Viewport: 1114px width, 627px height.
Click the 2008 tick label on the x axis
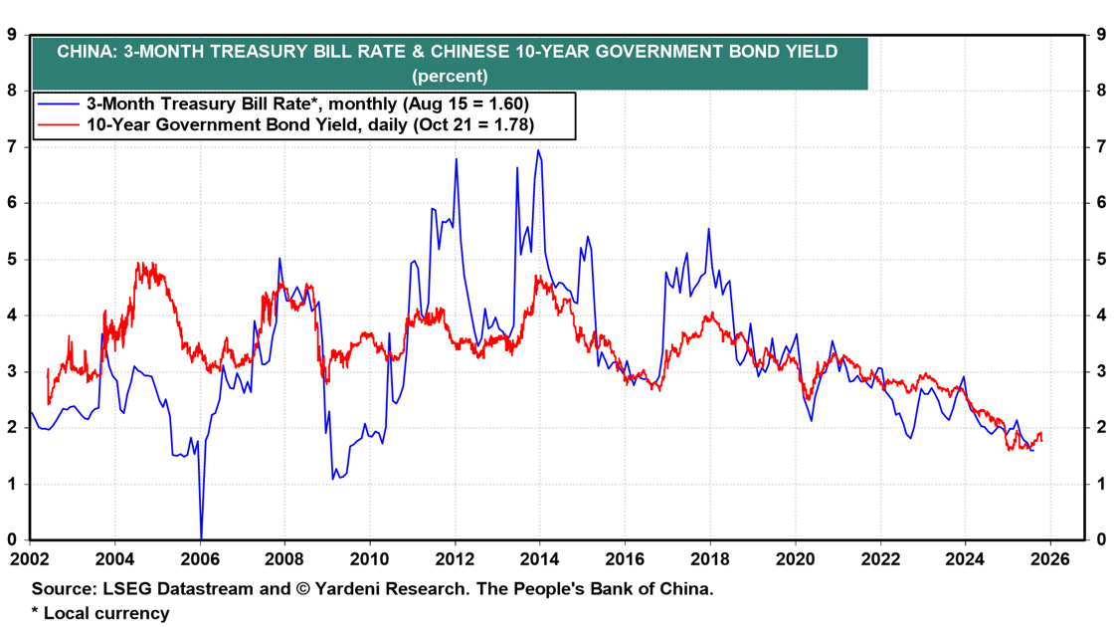(x=284, y=559)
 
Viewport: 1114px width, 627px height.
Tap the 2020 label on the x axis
(x=795, y=559)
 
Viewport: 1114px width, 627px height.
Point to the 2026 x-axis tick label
(x=1049, y=559)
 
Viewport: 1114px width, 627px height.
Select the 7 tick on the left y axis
(x=12, y=146)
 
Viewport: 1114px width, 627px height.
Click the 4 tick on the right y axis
(x=1101, y=315)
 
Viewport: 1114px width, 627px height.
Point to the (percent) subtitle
(x=450, y=76)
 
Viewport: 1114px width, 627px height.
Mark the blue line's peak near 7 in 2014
(x=538, y=151)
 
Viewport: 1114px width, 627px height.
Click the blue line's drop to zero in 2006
(x=201, y=537)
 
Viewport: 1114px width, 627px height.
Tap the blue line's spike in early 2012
(x=456, y=159)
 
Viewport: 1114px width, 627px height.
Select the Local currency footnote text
(x=106, y=613)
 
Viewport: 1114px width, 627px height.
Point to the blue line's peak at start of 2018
(x=708, y=230)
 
